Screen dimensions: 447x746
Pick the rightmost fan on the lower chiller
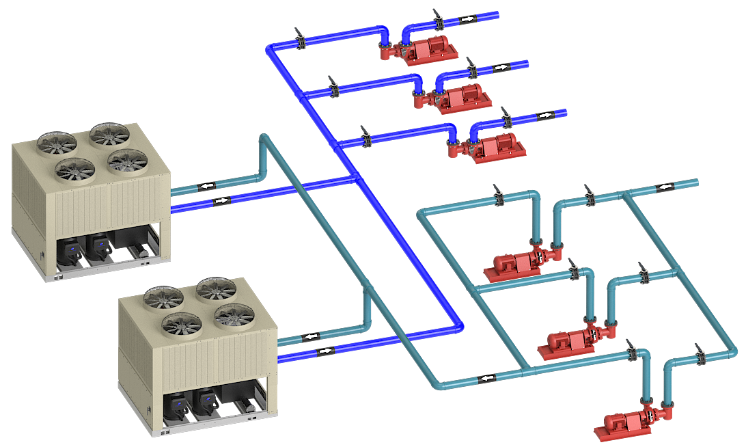tap(234, 315)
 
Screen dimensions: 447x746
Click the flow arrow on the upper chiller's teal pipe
tap(207, 185)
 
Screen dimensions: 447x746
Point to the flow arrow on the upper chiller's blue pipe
tap(221, 201)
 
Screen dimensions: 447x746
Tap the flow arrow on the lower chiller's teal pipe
tap(312, 336)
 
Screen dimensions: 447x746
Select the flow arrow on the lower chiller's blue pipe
tap(325, 351)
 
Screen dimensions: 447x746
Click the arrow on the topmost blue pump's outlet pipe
tap(467, 19)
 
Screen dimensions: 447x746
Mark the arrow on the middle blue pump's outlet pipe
tap(501, 68)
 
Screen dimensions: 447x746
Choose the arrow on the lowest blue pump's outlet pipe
tap(544, 115)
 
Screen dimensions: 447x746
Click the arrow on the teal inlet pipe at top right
tap(663, 187)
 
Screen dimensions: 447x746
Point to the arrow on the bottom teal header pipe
tap(486, 378)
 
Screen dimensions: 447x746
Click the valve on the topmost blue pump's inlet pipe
tap(301, 40)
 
